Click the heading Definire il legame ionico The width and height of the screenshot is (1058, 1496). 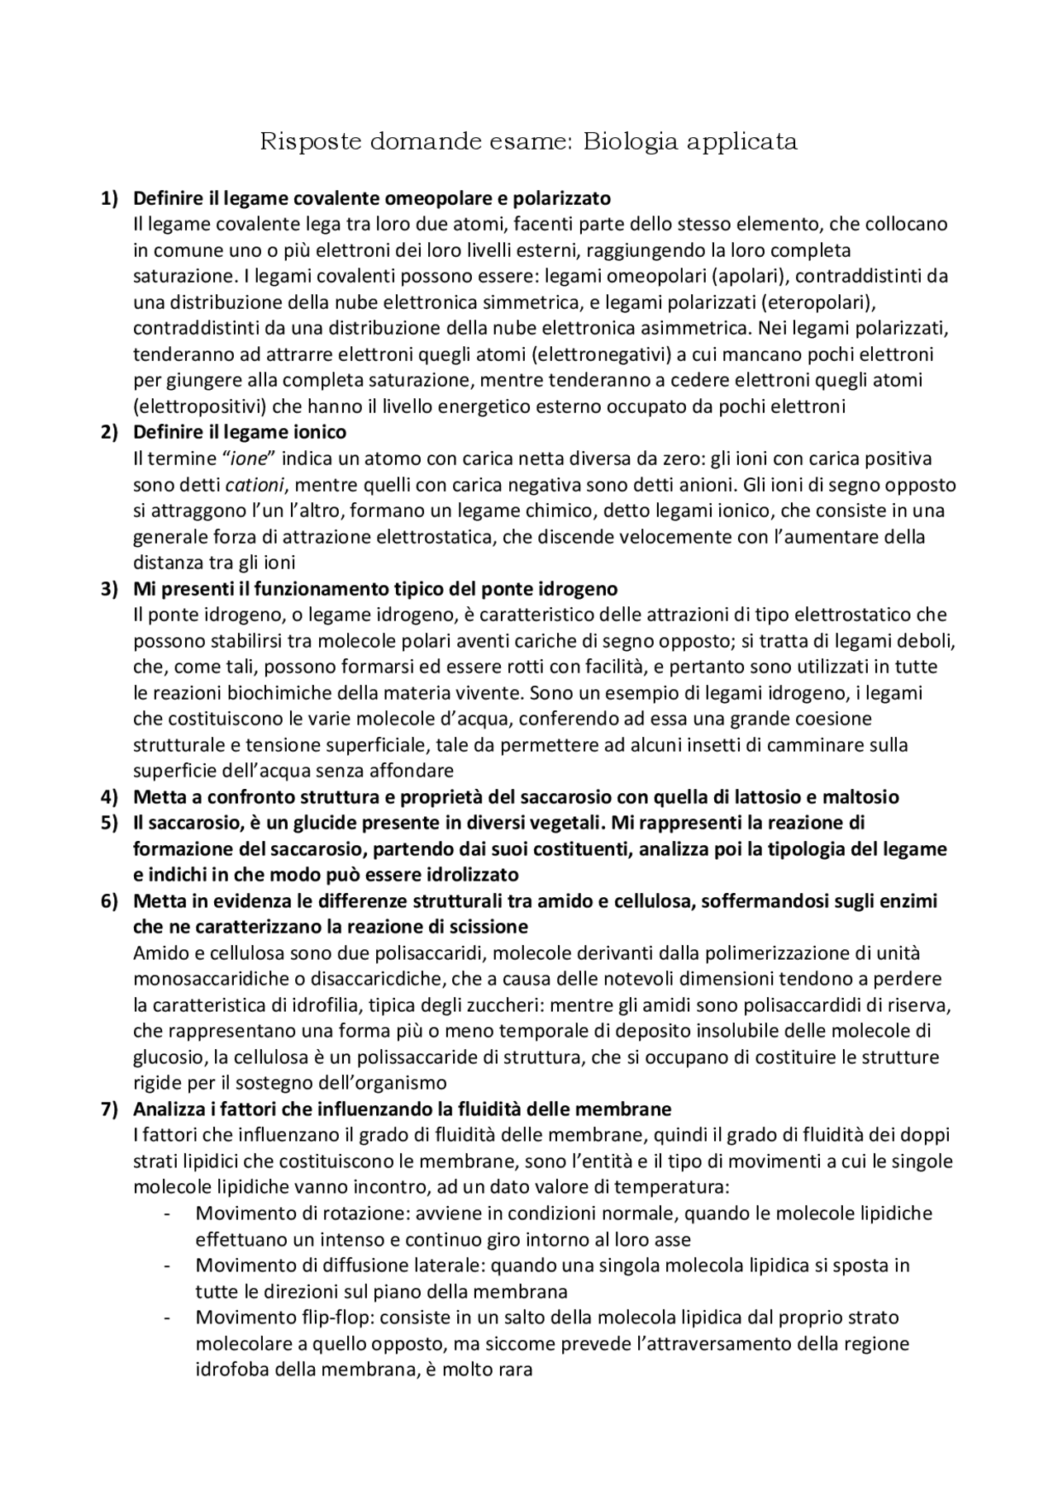point(240,432)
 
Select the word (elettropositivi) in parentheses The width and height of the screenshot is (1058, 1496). point(190,406)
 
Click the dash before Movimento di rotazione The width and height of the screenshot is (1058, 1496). point(169,1213)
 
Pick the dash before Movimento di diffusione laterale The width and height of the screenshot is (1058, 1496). point(169,1266)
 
